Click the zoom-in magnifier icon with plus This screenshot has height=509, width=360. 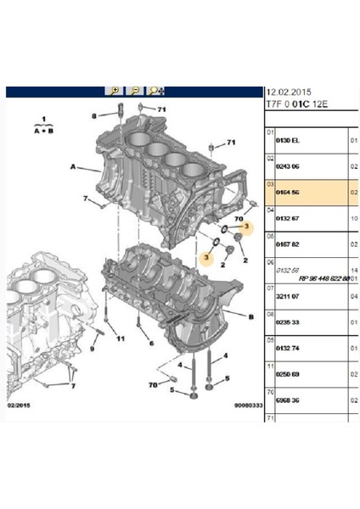tap(115, 90)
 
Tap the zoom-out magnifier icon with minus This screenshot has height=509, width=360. tap(134, 90)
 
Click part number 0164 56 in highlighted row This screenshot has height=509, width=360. tap(289, 193)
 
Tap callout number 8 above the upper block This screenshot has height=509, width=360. tap(95, 115)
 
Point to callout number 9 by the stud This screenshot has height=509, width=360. tap(93, 348)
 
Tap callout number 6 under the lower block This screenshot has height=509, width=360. tap(151, 343)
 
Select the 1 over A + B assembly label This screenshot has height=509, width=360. tap(40, 126)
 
